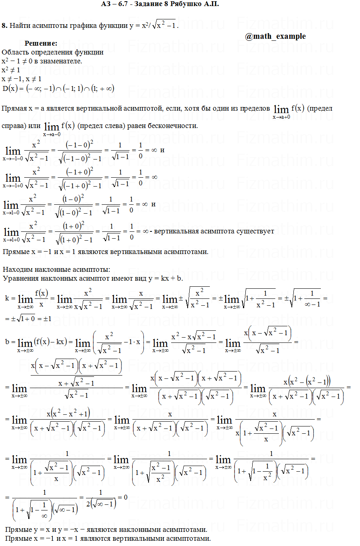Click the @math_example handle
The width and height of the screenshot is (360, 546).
(x=275, y=36)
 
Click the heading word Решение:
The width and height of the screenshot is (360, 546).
(x=41, y=44)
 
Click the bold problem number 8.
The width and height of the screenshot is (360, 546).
(x=4, y=25)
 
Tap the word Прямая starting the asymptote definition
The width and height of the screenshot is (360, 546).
(x=14, y=109)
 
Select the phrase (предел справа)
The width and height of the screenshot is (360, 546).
(x=319, y=109)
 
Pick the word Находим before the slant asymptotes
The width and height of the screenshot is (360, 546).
(x=17, y=269)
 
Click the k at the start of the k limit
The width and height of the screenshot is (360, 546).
(x=7, y=298)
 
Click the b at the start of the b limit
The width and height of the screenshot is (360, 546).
(x=7, y=342)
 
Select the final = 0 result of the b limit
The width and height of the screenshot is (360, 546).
(x=122, y=497)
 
